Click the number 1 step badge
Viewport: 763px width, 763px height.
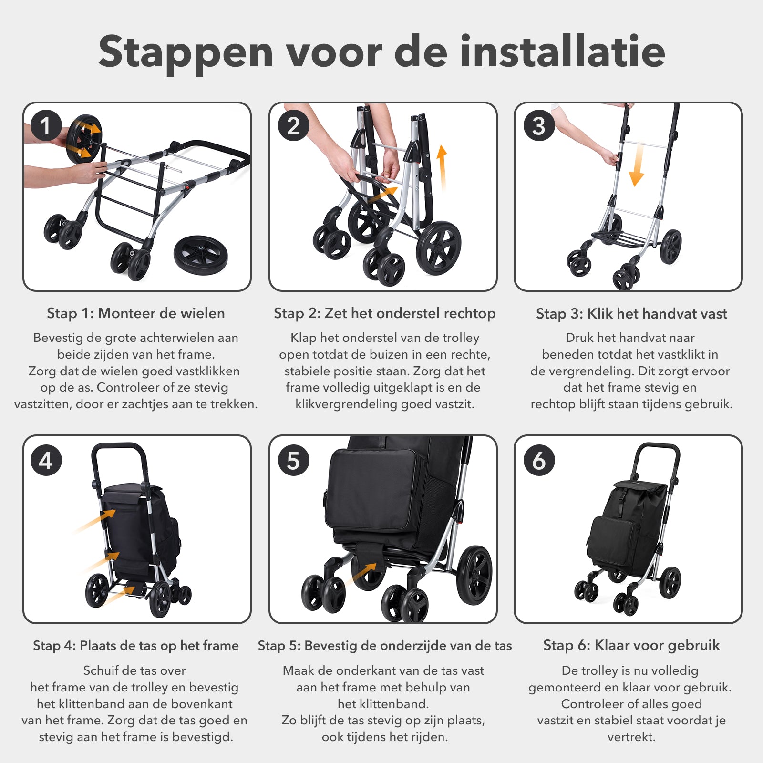pyautogui.click(x=46, y=126)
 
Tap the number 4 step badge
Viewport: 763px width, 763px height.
pyautogui.click(x=46, y=460)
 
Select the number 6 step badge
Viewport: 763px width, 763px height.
pyautogui.click(x=539, y=460)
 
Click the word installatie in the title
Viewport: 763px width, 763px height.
pyautogui.click(x=562, y=52)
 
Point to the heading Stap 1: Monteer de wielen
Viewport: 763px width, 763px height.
pyautogui.click(x=136, y=313)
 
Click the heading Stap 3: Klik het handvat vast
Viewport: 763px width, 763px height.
pyautogui.click(x=631, y=313)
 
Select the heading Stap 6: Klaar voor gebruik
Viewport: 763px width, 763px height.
pyautogui.click(x=631, y=645)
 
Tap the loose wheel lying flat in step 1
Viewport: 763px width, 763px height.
pyautogui.click(x=200, y=253)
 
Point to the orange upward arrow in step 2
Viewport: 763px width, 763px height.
pyautogui.click(x=442, y=167)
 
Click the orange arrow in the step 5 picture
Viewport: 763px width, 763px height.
pyautogui.click(x=365, y=573)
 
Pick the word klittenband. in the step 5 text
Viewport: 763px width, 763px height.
pyautogui.click(x=383, y=704)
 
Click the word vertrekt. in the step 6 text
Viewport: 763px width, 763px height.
pyautogui.click(x=631, y=737)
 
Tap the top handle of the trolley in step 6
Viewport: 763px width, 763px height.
pyautogui.click(x=657, y=447)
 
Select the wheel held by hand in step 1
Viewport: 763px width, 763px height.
pyautogui.click(x=84, y=139)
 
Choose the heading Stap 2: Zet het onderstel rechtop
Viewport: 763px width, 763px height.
pyautogui.click(x=384, y=313)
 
